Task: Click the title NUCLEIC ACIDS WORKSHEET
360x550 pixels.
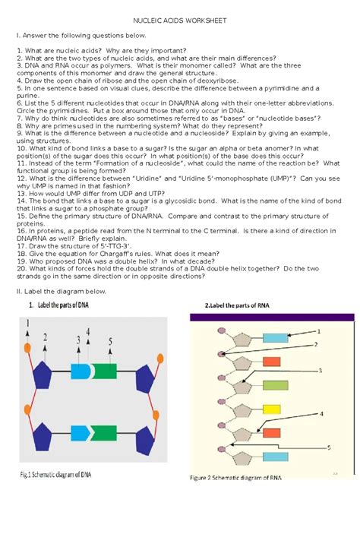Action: point(179,21)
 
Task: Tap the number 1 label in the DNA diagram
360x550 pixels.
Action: point(28,322)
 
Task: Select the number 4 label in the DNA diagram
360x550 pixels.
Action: point(88,331)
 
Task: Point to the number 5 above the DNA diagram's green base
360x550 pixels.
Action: point(110,341)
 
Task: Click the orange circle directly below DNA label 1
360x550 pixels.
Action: point(27,348)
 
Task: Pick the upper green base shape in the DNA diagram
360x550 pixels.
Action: point(105,371)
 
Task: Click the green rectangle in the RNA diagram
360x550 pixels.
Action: point(276,385)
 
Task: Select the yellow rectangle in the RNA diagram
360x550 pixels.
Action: point(272,409)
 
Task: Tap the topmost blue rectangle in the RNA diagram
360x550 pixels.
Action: point(276,338)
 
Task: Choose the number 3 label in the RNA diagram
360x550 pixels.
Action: point(320,371)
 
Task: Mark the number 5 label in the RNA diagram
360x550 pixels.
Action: point(329,447)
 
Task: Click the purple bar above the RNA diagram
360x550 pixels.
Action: point(272,317)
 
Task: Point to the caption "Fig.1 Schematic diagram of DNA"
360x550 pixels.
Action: point(55,475)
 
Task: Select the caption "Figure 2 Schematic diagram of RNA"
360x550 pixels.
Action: point(235,477)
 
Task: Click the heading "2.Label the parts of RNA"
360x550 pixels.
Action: point(237,305)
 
